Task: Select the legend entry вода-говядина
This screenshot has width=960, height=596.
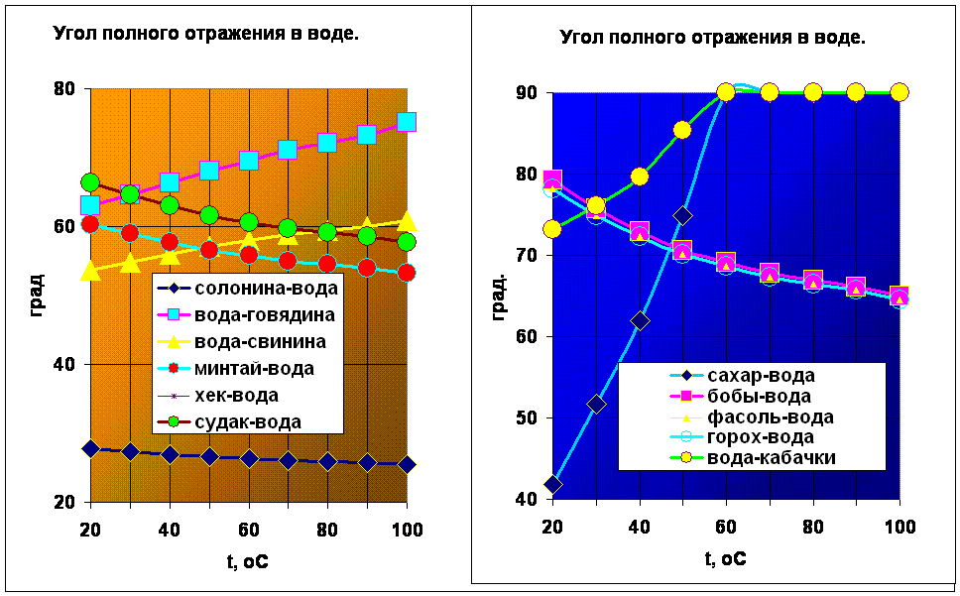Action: [246, 314]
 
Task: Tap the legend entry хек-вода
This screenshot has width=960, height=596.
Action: [218, 396]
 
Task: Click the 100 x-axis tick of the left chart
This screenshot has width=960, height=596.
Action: [407, 529]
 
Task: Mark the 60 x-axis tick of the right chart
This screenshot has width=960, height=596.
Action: [726, 527]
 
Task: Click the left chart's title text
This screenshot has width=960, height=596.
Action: [205, 35]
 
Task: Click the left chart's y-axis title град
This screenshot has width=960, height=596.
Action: [37, 295]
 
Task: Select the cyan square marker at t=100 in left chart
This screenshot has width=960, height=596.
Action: [407, 122]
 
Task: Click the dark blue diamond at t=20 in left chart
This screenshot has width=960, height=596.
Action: [90, 449]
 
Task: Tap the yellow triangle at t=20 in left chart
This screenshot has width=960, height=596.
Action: [90, 269]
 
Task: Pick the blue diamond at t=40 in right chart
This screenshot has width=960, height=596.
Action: [640, 320]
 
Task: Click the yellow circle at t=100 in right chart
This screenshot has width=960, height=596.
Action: [900, 92]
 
